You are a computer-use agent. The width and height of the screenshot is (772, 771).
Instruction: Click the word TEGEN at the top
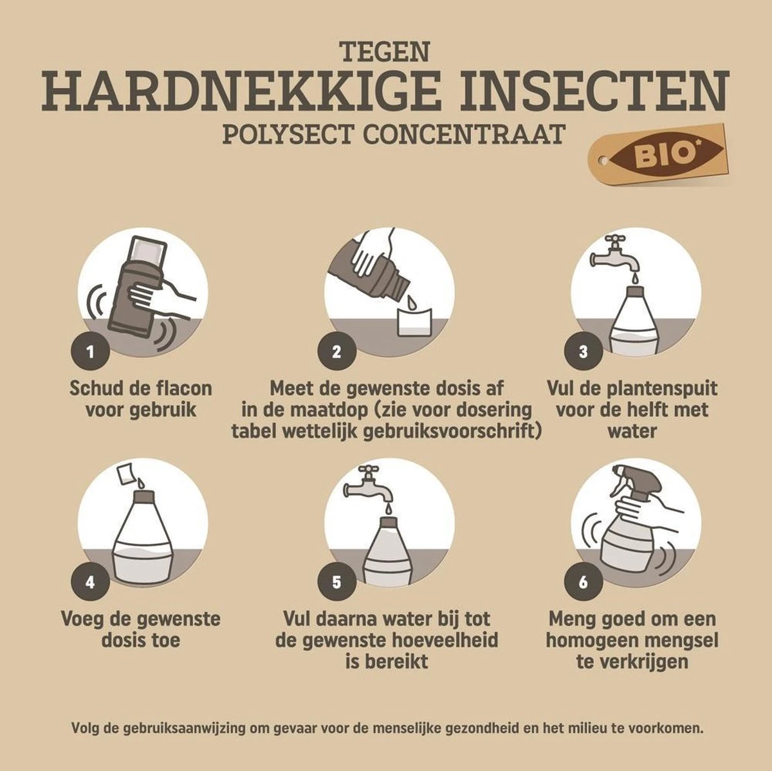click(x=384, y=51)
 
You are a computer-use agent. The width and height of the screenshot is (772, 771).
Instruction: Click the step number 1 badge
click(x=90, y=351)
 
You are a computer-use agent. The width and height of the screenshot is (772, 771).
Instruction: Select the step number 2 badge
click(x=336, y=351)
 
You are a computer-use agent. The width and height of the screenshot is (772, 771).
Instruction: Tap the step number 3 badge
click(x=584, y=351)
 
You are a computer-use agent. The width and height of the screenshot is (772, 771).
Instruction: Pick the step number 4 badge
click(x=90, y=582)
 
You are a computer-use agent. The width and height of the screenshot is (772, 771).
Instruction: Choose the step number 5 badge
click(x=336, y=582)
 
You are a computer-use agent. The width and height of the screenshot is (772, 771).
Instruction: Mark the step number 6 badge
click(x=584, y=582)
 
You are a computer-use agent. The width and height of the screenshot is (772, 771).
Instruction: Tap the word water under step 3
click(x=632, y=431)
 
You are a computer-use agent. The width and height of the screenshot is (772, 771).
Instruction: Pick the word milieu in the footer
click(x=598, y=729)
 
